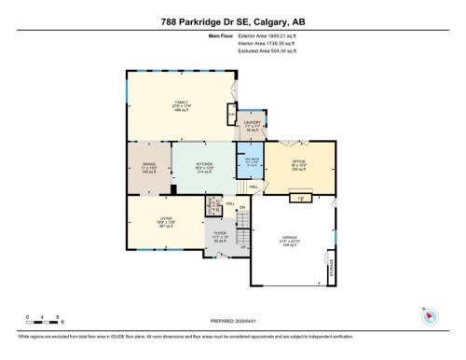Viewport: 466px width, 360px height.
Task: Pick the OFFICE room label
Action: (x=298, y=165)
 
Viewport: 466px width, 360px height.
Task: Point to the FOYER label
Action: (x=219, y=236)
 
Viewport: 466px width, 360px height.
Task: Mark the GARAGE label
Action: (x=290, y=240)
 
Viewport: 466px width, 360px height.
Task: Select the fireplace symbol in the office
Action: (x=301, y=197)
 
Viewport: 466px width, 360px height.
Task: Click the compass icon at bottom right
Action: (x=430, y=317)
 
